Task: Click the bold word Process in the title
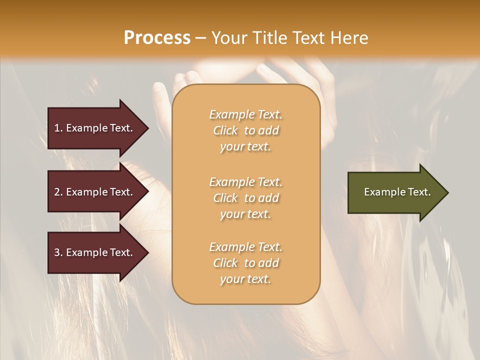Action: [x=157, y=38]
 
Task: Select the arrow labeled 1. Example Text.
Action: [x=95, y=128]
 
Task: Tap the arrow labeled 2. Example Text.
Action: [x=95, y=192]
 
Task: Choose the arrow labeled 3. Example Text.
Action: [x=95, y=252]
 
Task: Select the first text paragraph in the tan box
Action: [x=245, y=130]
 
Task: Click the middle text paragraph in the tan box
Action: [x=245, y=198]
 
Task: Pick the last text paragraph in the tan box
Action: [x=245, y=263]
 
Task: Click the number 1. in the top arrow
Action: [x=58, y=128]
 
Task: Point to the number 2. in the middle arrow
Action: [x=58, y=192]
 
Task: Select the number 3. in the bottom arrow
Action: [x=58, y=252]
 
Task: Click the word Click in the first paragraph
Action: [x=225, y=130]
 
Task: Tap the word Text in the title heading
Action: [x=309, y=38]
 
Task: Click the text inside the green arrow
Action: [x=397, y=192]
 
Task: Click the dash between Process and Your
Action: [x=201, y=38]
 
